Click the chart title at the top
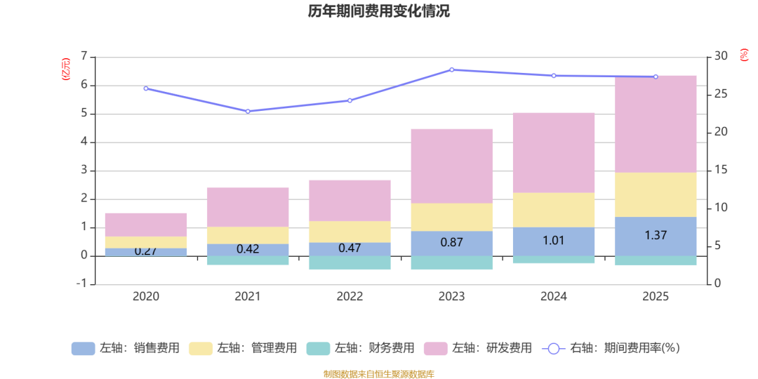pyautogui.click(x=378, y=11)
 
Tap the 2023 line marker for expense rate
pyautogui.click(x=451, y=69)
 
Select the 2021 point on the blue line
pyautogui.click(x=248, y=111)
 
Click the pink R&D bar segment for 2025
pyautogui.click(x=656, y=124)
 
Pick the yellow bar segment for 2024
pyautogui.click(x=554, y=209)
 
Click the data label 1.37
pyautogui.click(x=656, y=235)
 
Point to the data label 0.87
pyautogui.click(x=451, y=242)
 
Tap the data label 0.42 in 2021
pyautogui.click(x=248, y=248)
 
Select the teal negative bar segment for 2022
pyautogui.click(x=350, y=262)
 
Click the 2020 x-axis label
pyautogui.click(x=145, y=296)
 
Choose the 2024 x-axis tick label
pyautogui.click(x=554, y=296)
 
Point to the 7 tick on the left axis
pyautogui.click(x=84, y=56)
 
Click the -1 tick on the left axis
pyautogui.click(x=82, y=284)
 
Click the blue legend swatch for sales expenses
pyautogui.click(x=83, y=348)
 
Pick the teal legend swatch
pyautogui.click(x=319, y=348)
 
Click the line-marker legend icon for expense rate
pyautogui.click(x=553, y=348)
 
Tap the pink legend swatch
pyautogui.click(x=436, y=348)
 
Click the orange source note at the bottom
pyautogui.click(x=378, y=373)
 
